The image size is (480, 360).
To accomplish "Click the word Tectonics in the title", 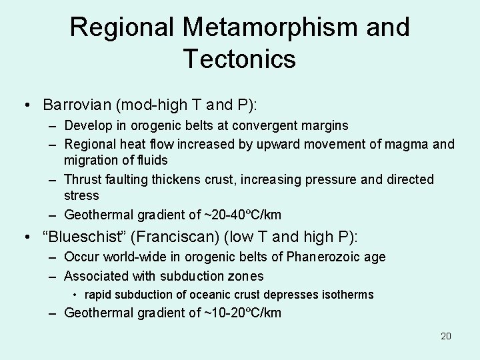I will tap(239, 59).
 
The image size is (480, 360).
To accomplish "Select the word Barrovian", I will tap(76, 105).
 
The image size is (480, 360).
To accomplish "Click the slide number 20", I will tap(445, 336).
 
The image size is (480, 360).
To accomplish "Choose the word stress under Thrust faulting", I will tap(81, 196).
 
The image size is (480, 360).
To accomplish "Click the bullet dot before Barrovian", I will tap(25, 105).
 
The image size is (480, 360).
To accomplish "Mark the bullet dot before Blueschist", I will tap(25, 237).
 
